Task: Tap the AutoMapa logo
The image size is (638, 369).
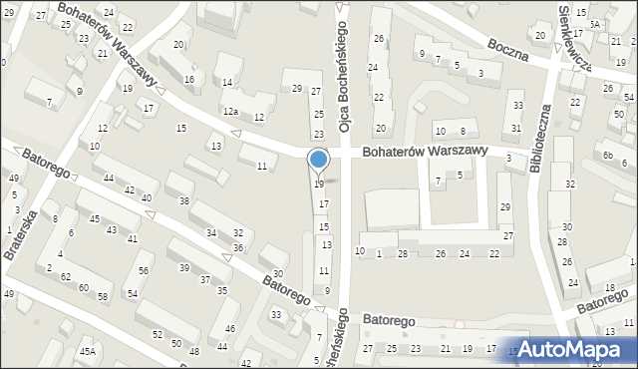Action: [570, 349]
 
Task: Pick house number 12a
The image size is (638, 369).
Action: [230, 111]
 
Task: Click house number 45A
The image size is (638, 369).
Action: [88, 352]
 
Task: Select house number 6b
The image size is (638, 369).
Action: [607, 155]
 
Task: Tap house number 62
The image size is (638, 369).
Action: [66, 275]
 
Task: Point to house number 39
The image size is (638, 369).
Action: [184, 267]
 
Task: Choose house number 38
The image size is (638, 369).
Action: [183, 200]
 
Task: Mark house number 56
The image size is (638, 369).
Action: [144, 271]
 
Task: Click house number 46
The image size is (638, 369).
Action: [229, 329]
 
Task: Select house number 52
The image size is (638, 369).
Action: [157, 333]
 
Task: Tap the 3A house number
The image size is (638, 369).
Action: [594, 23]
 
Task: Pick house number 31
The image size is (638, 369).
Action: [516, 128]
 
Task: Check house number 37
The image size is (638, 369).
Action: [204, 279]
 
